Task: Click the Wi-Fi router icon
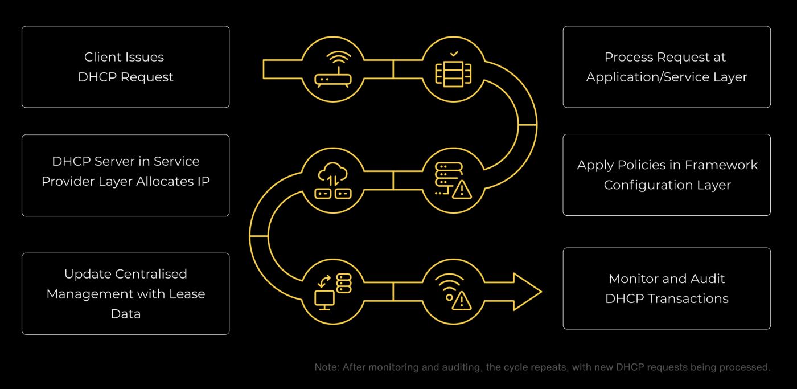tap(334, 69)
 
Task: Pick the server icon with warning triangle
tap(451, 180)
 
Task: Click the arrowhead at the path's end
tap(527, 292)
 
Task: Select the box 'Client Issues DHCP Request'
tap(125, 67)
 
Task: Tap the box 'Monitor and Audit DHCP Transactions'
tap(667, 288)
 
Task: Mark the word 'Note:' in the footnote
tap(327, 367)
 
